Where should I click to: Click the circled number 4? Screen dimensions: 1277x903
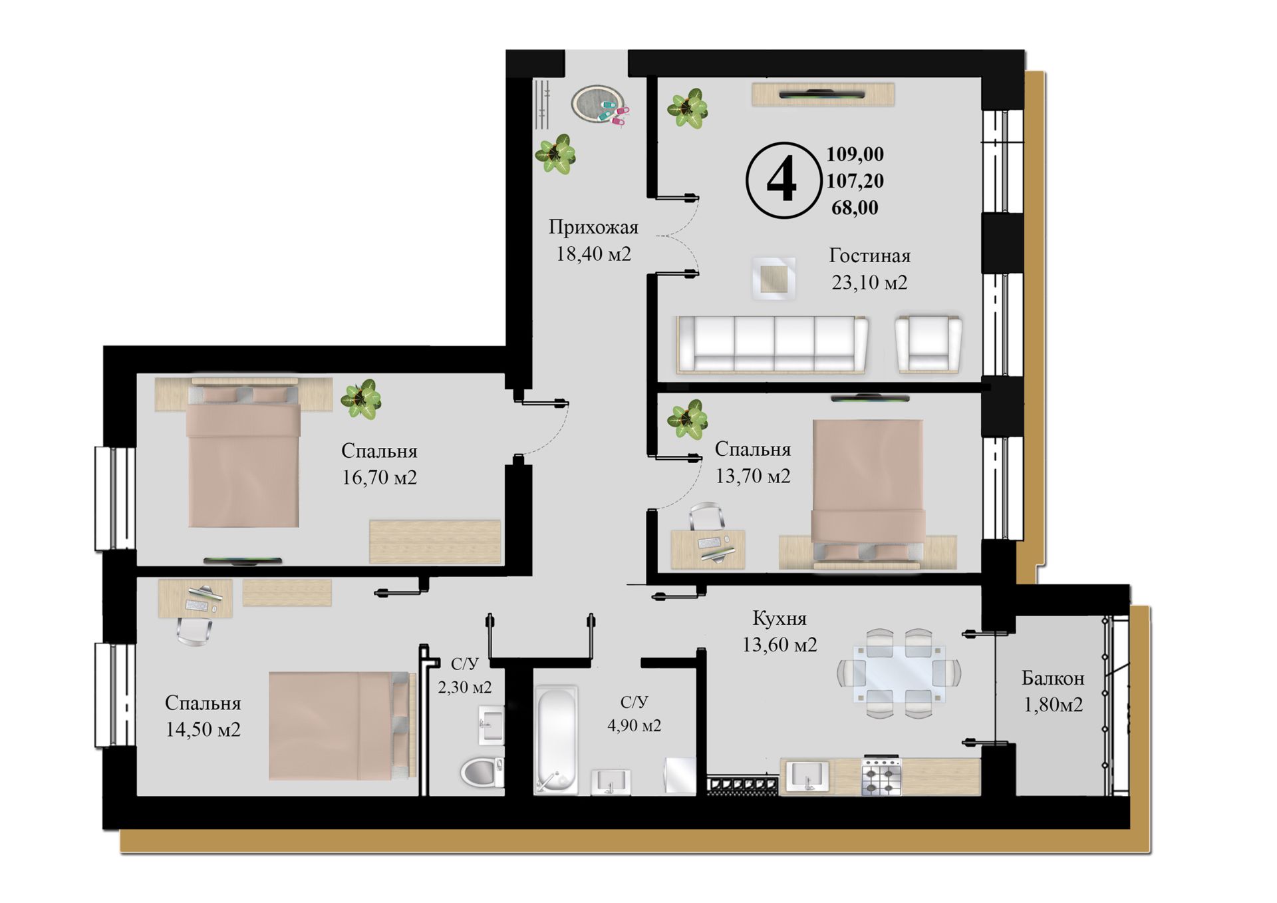pyautogui.click(x=782, y=180)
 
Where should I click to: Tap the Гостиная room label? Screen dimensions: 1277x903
pyautogui.click(x=869, y=256)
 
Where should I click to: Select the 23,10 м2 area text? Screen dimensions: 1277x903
pyautogui.click(x=869, y=282)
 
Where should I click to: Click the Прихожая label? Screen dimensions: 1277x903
pyautogui.click(x=593, y=227)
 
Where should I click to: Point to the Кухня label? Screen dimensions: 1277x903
pyautogui.click(x=780, y=618)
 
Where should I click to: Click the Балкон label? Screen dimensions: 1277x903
pyautogui.click(x=1053, y=678)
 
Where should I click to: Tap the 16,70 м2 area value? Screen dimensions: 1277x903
pyautogui.click(x=379, y=477)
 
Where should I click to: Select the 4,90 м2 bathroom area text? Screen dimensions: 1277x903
pyautogui.click(x=634, y=725)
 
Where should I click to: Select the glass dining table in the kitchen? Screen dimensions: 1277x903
pyautogui.click(x=899, y=673)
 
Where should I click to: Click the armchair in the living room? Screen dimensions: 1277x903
pyautogui.click(x=928, y=343)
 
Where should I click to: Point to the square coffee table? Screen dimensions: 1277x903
pyautogui.click(x=774, y=277)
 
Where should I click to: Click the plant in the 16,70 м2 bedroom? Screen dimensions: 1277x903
pyautogui.click(x=361, y=399)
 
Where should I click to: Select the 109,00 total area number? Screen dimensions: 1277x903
pyautogui.click(x=855, y=154)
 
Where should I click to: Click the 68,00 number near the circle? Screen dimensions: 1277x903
pyautogui.click(x=855, y=208)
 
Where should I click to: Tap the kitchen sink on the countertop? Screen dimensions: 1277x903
pyautogui.click(x=808, y=777)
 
